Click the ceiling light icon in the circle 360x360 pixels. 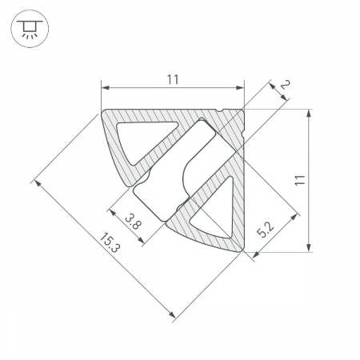pyautogui.click(x=30, y=29)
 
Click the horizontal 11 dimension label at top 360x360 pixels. pyautogui.click(x=173, y=79)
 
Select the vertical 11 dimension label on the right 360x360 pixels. pyautogui.click(x=300, y=180)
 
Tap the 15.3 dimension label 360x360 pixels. pyautogui.click(x=110, y=242)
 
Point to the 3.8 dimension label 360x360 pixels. pyautogui.click(x=133, y=221)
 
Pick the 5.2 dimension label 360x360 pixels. pyautogui.click(x=265, y=230)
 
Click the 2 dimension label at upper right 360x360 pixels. pyautogui.click(x=285, y=85)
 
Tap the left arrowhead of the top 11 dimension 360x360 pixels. pyautogui.click(x=106, y=87)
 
